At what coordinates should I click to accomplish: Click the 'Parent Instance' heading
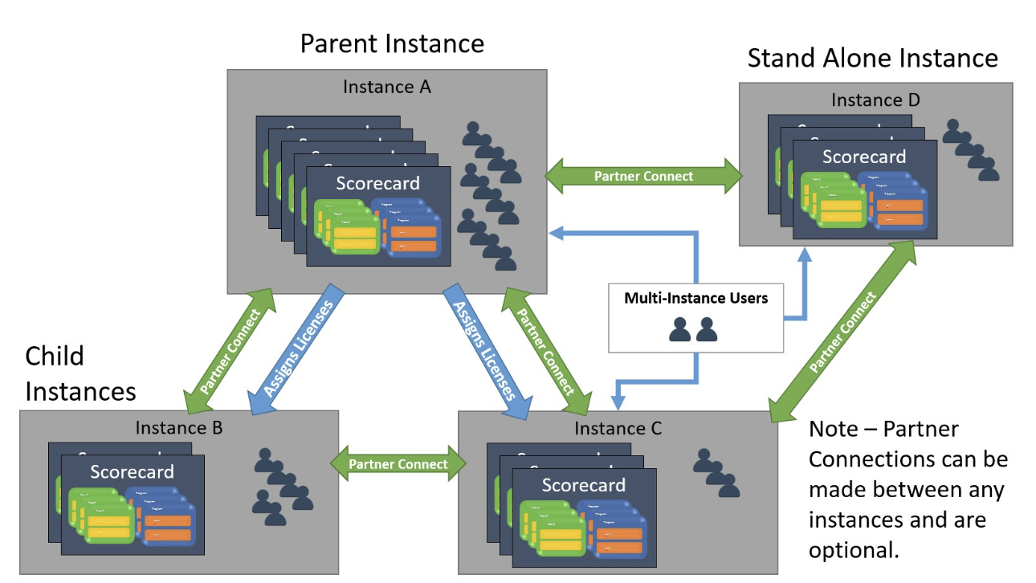point(392,43)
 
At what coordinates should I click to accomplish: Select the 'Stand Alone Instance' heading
point(872,58)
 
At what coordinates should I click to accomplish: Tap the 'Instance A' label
point(386,86)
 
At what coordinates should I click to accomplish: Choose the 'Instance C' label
point(618,429)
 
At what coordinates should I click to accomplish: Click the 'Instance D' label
point(875,100)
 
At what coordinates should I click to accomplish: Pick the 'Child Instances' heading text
point(80,373)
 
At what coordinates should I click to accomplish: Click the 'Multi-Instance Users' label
point(695,299)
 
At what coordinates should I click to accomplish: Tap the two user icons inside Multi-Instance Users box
point(695,329)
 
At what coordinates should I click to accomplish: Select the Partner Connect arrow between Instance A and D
point(643,176)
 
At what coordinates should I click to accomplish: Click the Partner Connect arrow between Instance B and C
point(398,464)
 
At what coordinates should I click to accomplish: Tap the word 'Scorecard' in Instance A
point(377,183)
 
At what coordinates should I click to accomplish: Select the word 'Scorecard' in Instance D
point(863,157)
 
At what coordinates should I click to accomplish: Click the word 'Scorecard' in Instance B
point(132,471)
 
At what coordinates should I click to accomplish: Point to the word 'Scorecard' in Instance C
point(583,485)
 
